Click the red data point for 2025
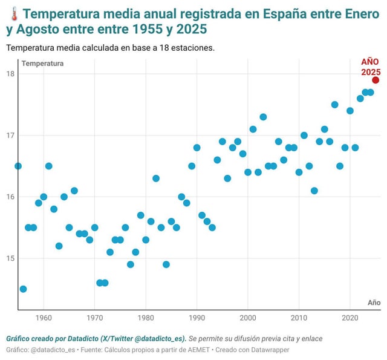tap(376, 80)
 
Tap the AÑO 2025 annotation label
tap(370, 67)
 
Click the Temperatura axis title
tap(42, 64)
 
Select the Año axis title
tap(374, 302)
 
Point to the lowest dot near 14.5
tap(23, 289)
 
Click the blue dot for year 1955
tap(18, 166)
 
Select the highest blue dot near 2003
tap(263, 117)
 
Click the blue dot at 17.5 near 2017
tap(334, 105)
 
